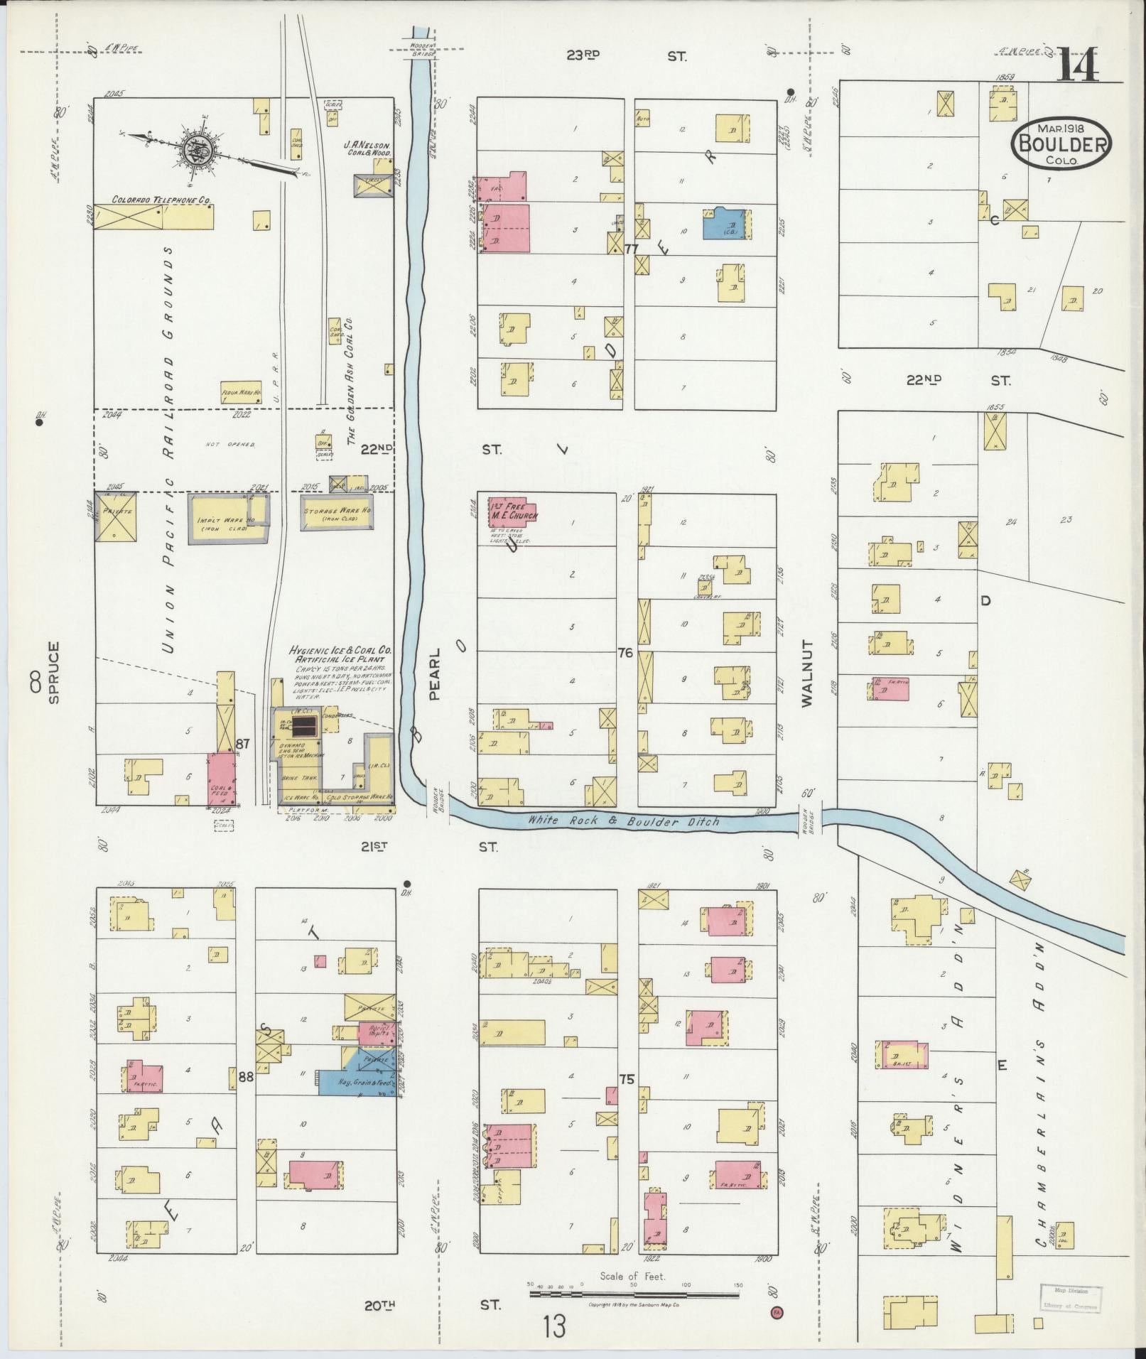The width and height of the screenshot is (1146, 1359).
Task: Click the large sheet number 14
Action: coord(1079,65)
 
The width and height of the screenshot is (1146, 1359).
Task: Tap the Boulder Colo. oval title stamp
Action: coord(1063,144)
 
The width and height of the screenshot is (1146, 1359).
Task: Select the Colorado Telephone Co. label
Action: coord(161,201)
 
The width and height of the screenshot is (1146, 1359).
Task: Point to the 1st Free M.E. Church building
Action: coord(512,511)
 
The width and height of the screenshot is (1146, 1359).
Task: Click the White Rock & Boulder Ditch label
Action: coord(623,821)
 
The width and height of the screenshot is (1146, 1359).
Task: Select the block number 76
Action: coord(625,653)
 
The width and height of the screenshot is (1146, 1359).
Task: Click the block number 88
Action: coord(246,1077)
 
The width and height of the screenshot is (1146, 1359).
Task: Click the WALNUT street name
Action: coord(807,673)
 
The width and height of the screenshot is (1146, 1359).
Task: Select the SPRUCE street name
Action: coord(54,672)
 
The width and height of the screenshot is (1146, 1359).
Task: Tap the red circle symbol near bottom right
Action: coord(776,1312)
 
